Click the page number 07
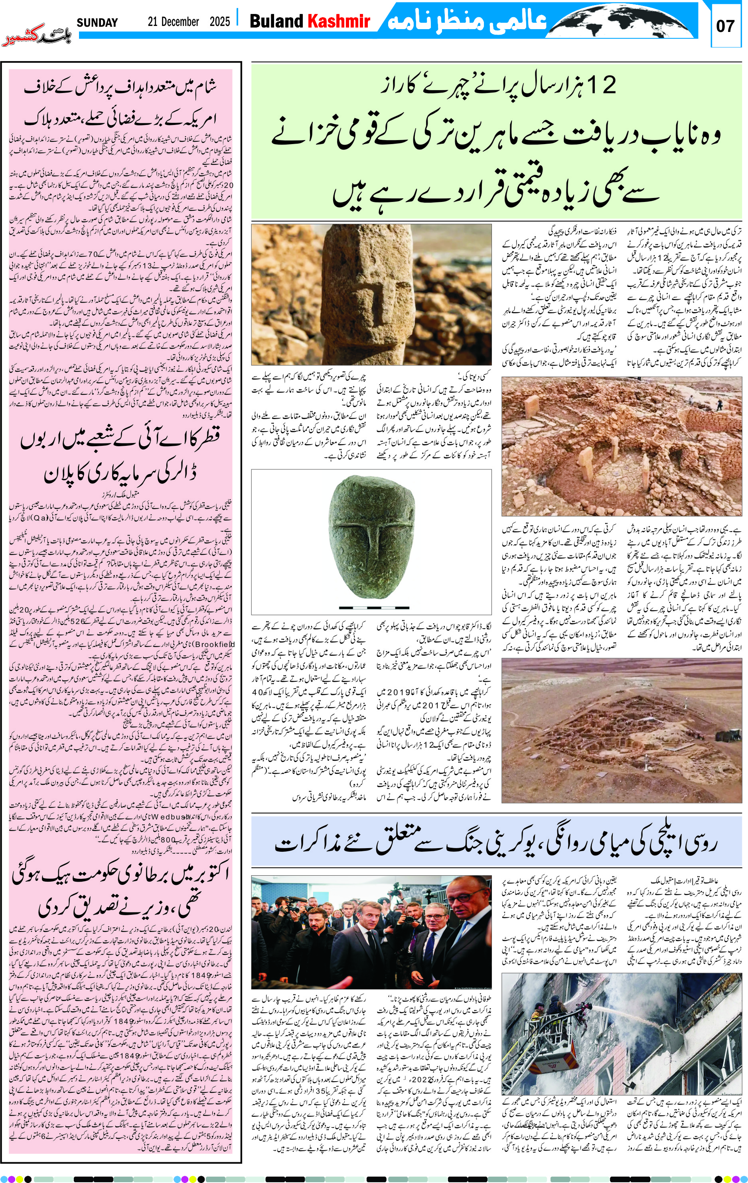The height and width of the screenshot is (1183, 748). (x=725, y=26)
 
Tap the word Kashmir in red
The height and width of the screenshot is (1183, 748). (x=338, y=21)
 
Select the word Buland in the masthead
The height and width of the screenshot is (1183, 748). (x=276, y=21)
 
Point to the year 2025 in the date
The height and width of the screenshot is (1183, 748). (x=219, y=22)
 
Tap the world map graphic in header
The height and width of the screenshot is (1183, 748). (x=624, y=20)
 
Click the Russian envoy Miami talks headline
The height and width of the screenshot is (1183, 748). (x=496, y=843)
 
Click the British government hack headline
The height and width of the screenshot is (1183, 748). (x=121, y=894)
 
